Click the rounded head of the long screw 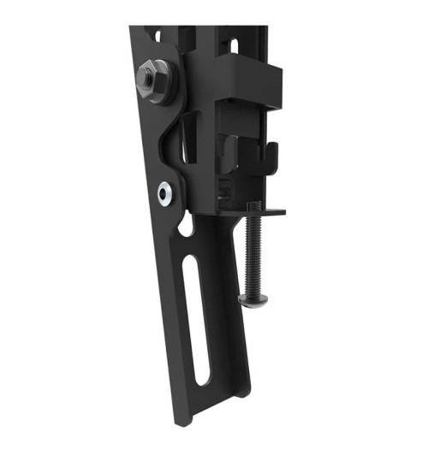click(251, 298)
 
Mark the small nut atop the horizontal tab click(251, 206)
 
